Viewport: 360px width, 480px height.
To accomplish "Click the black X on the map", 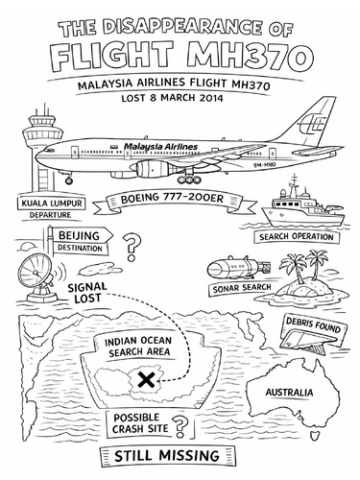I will coord(145,382).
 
